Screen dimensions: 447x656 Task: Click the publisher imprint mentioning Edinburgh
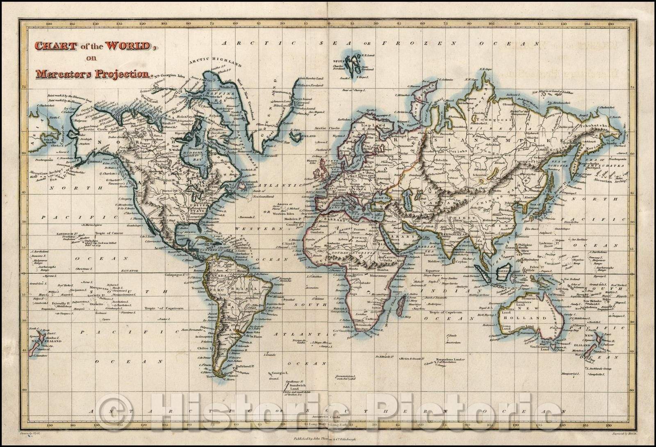327,438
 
